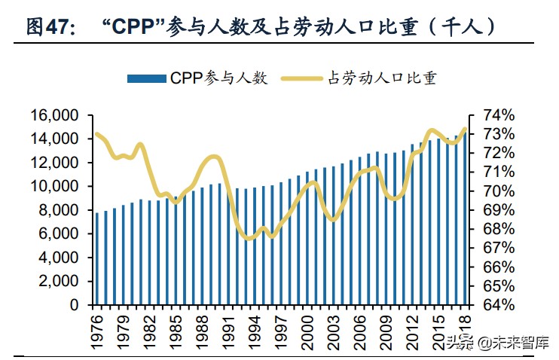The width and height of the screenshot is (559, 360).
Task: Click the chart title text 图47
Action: [50, 28]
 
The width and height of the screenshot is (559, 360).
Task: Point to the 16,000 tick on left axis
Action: [55, 115]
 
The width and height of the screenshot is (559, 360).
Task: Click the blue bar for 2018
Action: [464, 218]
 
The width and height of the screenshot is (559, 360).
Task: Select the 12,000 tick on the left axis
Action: [55, 163]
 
